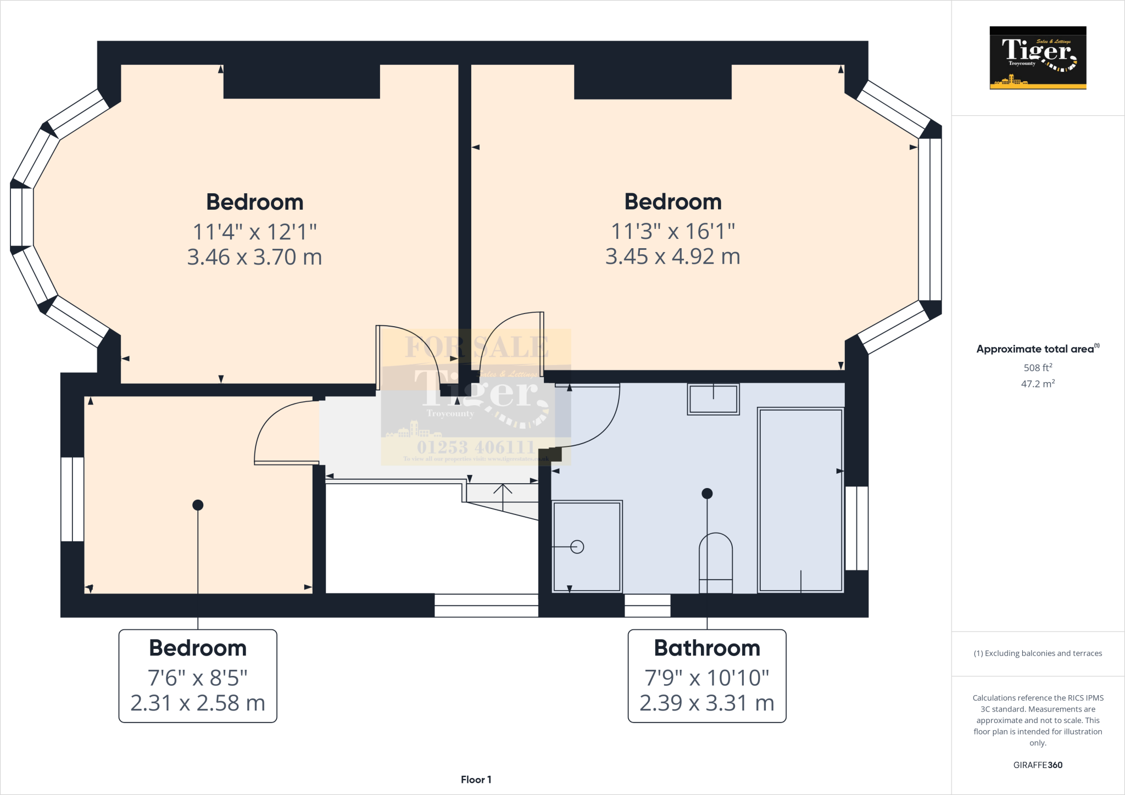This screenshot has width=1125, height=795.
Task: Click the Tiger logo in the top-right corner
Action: (x=1038, y=58)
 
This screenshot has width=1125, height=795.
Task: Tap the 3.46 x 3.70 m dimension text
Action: (x=254, y=257)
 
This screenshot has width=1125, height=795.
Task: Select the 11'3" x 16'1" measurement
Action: (x=673, y=231)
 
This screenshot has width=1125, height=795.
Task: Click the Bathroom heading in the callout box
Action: (x=707, y=648)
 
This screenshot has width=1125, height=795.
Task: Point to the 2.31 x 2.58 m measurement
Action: (x=198, y=703)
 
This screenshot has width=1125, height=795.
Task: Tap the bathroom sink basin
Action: (x=713, y=399)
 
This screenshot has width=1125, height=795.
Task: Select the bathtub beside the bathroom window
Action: (x=800, y=500)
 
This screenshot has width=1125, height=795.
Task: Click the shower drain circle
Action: (x=577, y=547)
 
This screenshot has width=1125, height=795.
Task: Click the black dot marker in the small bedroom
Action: (x=198, y=505)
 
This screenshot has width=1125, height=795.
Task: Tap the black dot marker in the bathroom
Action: (x=707, y=493)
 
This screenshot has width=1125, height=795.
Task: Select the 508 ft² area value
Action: (x=1038, y=368)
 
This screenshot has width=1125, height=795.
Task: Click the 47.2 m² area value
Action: (x=1038, y=384)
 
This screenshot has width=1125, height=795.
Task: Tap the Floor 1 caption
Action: (x=476, y=780)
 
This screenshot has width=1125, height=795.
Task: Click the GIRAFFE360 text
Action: (x=1038, y=765)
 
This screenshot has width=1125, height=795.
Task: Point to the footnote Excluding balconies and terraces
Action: (x=1038, y=653)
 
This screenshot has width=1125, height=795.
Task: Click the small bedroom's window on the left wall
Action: (x=72, y=499)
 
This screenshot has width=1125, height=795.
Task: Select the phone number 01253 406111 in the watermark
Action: (x=476, y=447)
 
